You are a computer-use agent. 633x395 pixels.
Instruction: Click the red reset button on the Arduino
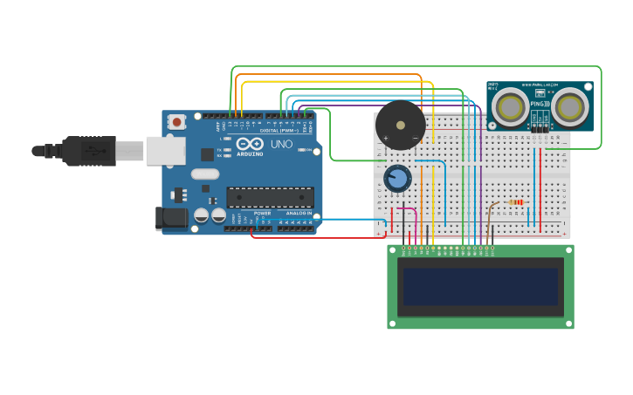tap(177, 122)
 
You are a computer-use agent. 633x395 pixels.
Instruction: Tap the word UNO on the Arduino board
tap(281, 144)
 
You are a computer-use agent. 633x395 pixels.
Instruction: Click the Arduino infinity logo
tap(250, 144)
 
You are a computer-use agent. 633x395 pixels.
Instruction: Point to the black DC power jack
tap(172, 218)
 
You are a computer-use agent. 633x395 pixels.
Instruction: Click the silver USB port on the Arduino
tap(166, 150)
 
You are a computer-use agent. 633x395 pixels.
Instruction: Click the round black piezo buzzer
tap(400, 125)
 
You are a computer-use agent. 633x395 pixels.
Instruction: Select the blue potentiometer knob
tap(397, 179)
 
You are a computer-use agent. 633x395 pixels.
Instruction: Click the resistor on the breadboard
tap(516, 202)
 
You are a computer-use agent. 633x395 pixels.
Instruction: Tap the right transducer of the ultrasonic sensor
tap(568, 106)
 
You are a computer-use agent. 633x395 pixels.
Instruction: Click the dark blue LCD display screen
tap(479, 286)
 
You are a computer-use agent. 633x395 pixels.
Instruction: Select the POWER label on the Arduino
tap(262, 213)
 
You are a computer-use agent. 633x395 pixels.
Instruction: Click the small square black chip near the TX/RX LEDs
tap(207, 154)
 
